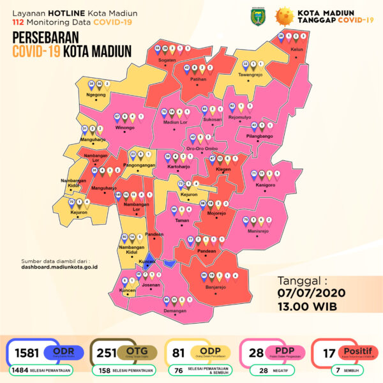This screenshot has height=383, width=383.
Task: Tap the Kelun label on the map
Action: [296, 48]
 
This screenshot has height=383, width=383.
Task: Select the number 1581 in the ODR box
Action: [27, 353]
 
